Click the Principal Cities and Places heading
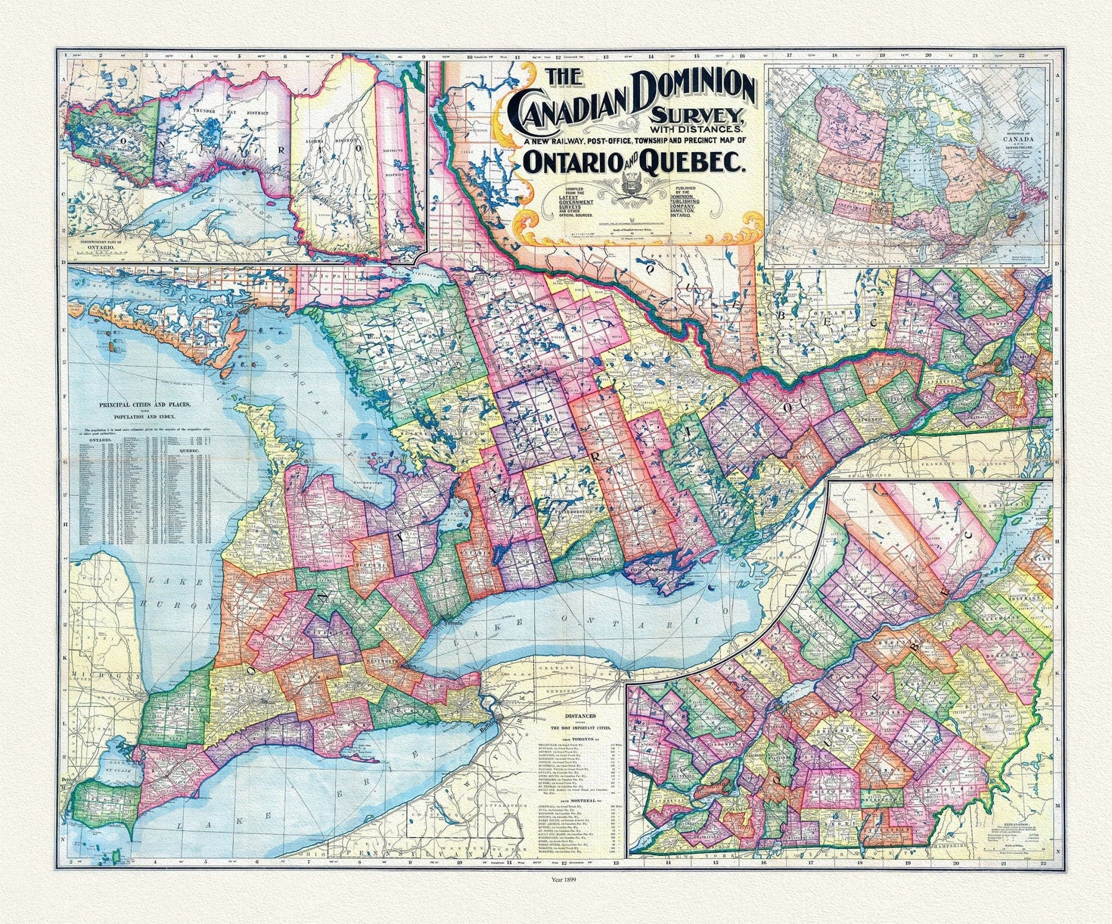(x=145, y=404)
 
